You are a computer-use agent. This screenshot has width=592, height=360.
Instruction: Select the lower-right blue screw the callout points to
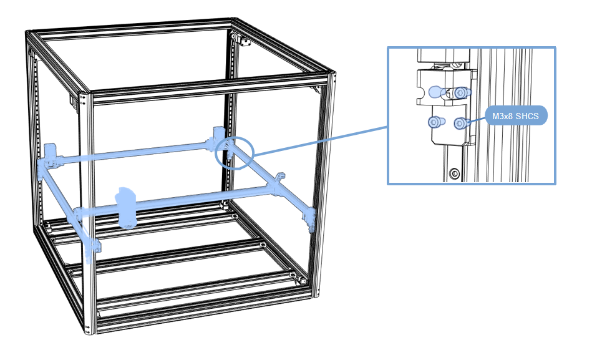pos(460,123)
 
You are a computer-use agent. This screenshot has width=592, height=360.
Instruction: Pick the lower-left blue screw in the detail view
pos(435,122)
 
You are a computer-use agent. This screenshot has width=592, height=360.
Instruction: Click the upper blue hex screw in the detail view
pos(460,92)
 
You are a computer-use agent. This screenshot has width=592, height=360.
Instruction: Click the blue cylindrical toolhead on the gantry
pos(127,207)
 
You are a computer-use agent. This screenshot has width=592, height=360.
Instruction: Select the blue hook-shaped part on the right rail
pos(279,178)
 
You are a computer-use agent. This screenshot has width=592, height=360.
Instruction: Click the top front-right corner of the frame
pos(329,79)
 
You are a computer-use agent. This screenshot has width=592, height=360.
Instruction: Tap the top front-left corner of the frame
pos(88,97)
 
